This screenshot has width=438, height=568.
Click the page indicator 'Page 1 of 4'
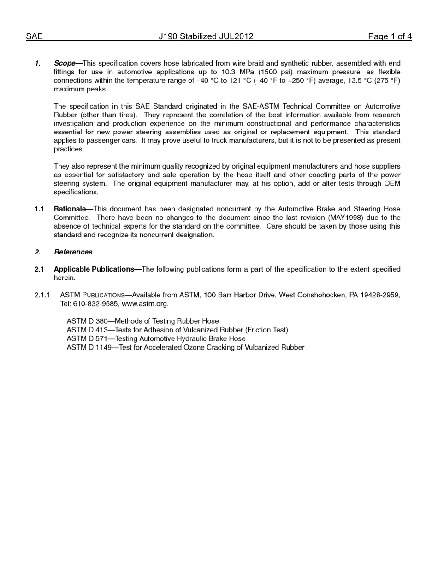tap(390, 36)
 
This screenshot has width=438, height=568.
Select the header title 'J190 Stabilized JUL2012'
tap(206, 36)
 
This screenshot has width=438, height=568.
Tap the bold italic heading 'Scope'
tap(64, 63)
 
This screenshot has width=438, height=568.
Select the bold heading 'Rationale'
tap(70, 209)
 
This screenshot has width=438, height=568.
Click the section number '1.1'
tap(39, 209)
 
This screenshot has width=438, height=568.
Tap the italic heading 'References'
tap(73, 252)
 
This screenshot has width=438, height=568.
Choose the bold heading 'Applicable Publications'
tap(94, 269)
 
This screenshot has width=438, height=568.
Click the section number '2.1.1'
tap(42, 295)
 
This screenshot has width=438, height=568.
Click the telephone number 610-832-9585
tap(96, 304)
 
